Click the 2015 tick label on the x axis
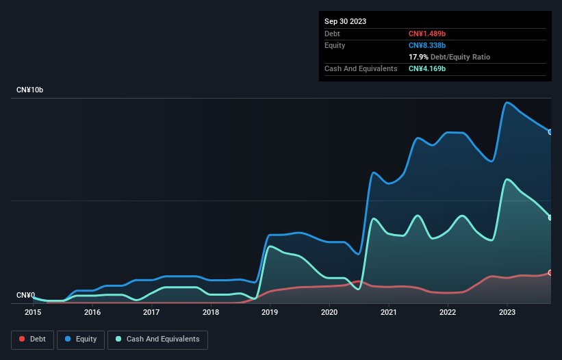[x=33, y=312]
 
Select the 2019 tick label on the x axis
[x=270, y=312]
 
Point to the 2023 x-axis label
[x=507, y=312]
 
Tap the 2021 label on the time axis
[x=388, y=312]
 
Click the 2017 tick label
[x=151, y=312]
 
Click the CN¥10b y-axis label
[x=31, y=90]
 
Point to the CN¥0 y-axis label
[x=25, y=296]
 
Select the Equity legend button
[x=81, y=339]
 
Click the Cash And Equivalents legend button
[x=157, y=339]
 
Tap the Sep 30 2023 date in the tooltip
[x=345, y=21]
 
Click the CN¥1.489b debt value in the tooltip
[x=427, y=34]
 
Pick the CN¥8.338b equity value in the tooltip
[x=427, y=45]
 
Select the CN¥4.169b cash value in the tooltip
[x=427, y=68]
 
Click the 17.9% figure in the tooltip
[x=418, y=57]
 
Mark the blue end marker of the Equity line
[x=550, y=132]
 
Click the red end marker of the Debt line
[x=550, y=272]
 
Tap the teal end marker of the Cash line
[x=550, y=218]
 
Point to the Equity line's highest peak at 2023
[x=507, y=103]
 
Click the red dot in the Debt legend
[x=23, y=339]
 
